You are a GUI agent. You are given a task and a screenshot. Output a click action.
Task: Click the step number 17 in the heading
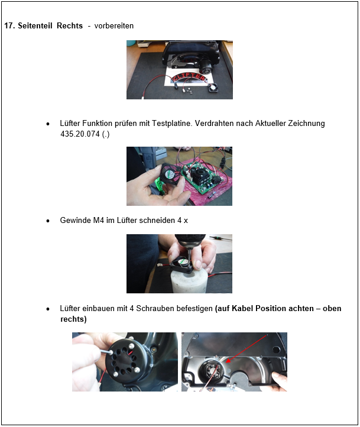(x=9, y=26)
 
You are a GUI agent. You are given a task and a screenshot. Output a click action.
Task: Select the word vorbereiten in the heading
(x=114, y=26)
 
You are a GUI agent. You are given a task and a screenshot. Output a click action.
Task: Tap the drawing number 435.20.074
(x=80, y=134)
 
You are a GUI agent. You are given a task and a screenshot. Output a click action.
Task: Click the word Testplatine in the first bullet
(x=172, y=124)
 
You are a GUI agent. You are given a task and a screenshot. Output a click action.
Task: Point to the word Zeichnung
(x=306, y=124)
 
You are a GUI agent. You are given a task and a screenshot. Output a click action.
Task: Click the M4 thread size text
(x=99, y=221)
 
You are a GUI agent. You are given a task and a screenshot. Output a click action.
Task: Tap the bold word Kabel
(x=243, y=309)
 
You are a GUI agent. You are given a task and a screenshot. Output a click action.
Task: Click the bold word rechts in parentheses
(x=72, y=319)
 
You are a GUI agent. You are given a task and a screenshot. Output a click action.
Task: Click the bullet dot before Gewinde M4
(x=48, y=221)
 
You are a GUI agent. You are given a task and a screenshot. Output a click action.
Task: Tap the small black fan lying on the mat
(x=213, y=88)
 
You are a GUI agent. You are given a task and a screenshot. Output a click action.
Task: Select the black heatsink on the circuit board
(x=199, y=176)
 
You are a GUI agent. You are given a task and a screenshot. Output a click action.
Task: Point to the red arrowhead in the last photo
(x=228, y=360)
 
